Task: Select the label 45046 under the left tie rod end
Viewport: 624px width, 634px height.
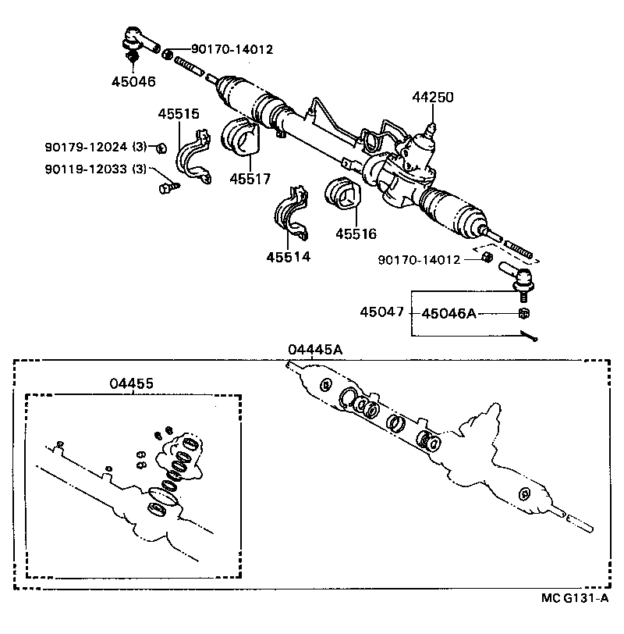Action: pyautogui.click(x=133, y=81)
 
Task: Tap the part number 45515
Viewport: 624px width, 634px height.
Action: pyautogui.click(x=179, y=114)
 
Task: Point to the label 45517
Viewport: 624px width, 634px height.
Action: pyautogui.click(x=250, y=179)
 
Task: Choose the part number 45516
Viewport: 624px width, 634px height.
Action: pyautogui.click(x=356, y=233)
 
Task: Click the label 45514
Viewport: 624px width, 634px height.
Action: pyautogui.click(x=287, y=256)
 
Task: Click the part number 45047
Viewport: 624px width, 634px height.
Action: pyautogui.click(x=381, y=312)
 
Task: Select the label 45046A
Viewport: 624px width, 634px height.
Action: pyautogui.click(x=448, y=313)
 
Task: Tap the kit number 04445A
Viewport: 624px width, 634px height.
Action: pyautogui.click(x=314, y=350)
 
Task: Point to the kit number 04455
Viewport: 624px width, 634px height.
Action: pyautogui.click(x=131, y=383)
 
